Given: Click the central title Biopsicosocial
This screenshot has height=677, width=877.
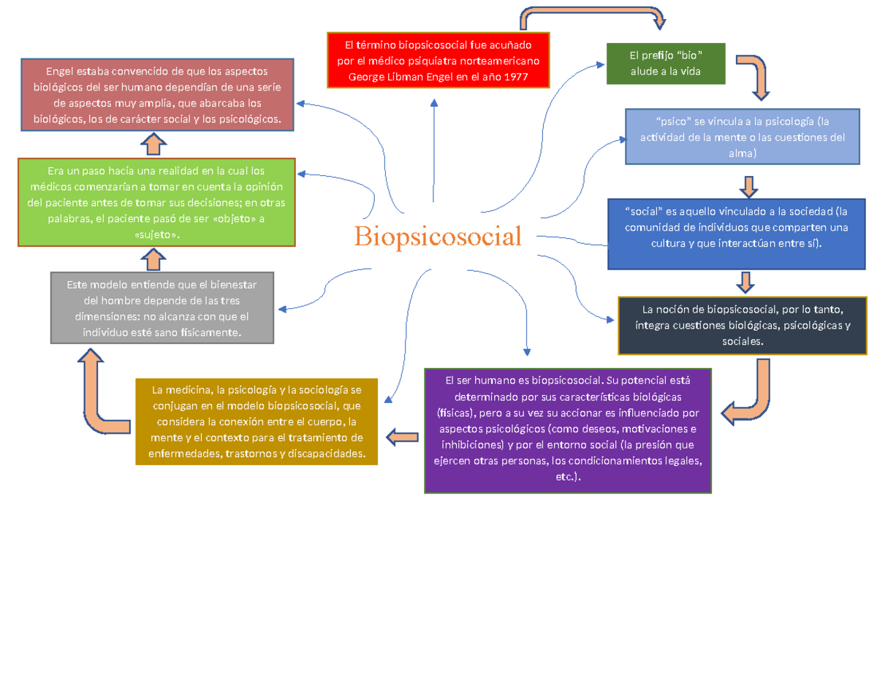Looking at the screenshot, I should (438, 236).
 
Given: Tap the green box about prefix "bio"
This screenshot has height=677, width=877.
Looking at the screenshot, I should (665, 64).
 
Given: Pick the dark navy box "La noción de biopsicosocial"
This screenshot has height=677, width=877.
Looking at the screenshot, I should (743, 324).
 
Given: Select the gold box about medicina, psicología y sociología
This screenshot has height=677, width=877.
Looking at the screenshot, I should (256, 421).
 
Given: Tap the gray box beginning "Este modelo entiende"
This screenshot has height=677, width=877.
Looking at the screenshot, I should (162, 307).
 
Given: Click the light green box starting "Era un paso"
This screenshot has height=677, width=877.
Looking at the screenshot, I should (156, 202).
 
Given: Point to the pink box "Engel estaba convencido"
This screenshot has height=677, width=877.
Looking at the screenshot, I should (157, 95).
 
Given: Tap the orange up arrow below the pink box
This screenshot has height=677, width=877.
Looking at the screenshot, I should (153, 144).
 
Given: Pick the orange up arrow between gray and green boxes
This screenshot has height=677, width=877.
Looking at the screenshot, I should (153, 259).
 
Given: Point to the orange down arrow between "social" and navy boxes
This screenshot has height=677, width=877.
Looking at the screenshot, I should (745, 282).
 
